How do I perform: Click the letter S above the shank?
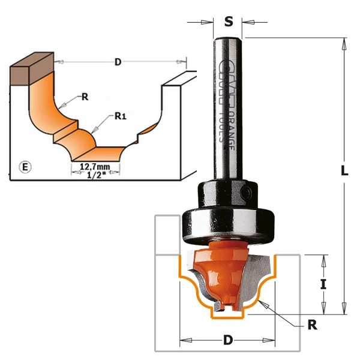pyautogui.click(x=229, y=22)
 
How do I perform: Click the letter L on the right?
pyautogui.click(x=344, y=170)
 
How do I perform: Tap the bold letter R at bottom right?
pyautogui.click(x=311, y=325)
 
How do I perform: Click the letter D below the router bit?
pyautogui.click(x=228, y=340)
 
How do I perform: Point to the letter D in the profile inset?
pyautogui.click(x=118, y=62)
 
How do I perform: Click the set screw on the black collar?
pyautogui.click(x=247, y=191)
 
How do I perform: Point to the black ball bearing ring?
pyautogui.click(x=228, y=223)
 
